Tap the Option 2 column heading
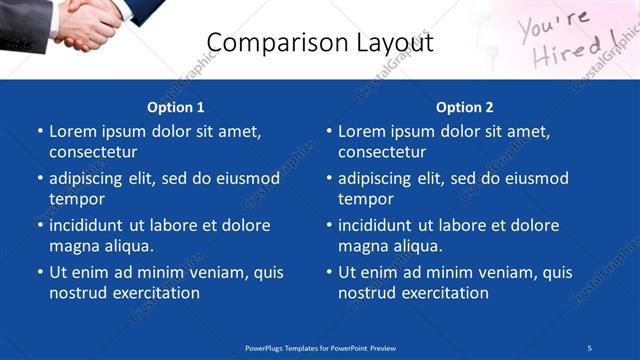coord(464,107)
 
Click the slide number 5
coord(590,348)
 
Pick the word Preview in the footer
coord(383,348)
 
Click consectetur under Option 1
coord(93,152)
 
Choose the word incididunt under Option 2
coord(379,226)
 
